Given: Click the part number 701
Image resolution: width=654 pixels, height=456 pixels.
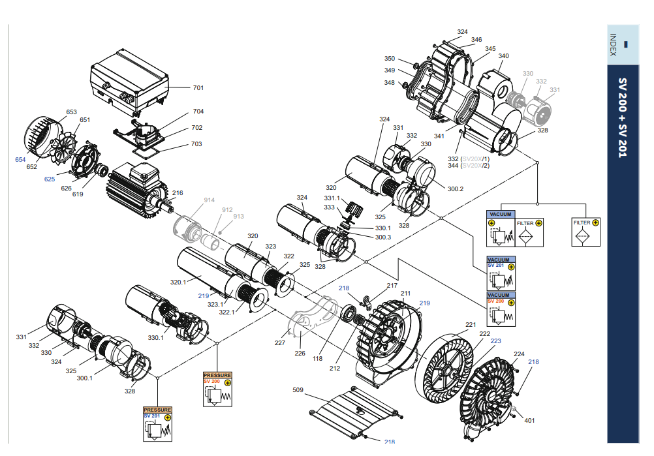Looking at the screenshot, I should tap(198, 87).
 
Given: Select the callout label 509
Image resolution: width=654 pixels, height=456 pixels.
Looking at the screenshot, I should tap(298, 390).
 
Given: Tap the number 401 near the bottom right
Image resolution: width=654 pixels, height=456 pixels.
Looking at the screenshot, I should tap(529, 421).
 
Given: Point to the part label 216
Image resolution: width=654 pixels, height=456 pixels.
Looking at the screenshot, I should tap(178, 193).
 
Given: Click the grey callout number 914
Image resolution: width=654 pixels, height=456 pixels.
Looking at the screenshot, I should tap(209, 200).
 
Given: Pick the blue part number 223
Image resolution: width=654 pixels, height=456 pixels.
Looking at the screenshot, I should tap(496, 341).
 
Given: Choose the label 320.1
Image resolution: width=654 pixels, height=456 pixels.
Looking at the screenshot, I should tap(178, 282).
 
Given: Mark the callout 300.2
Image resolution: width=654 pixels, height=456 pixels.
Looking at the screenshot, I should tap(455, 189).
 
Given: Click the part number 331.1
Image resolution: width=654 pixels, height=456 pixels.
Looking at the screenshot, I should tap(333, 198).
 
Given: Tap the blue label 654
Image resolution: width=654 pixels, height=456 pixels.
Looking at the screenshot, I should tap(20, 159).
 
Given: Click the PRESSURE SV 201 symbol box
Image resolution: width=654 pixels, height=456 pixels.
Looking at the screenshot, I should tap(158, 424).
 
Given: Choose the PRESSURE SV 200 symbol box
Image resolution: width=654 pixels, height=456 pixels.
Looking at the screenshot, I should tap(217, 389).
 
